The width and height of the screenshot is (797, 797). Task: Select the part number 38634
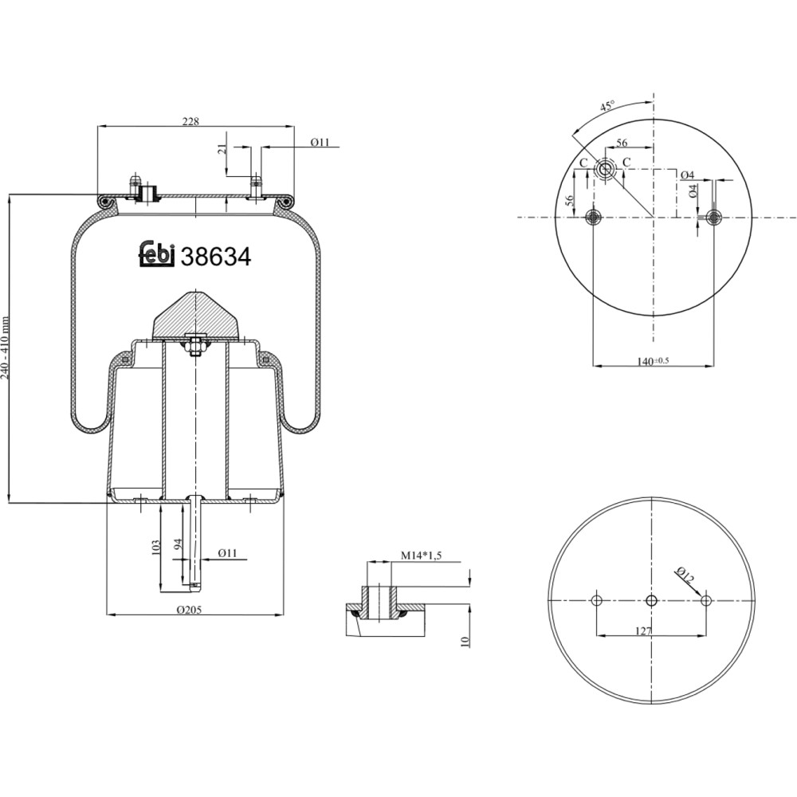click(x=216, y=257)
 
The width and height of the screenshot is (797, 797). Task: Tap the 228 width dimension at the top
click(x=190, y=121)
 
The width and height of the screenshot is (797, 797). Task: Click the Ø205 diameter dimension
click(x=190, y=610)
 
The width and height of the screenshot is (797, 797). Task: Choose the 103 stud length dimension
click(x=156, y=547)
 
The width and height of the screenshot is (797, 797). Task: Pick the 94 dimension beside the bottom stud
click(x=178, y=544)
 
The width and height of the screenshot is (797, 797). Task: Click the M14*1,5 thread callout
click(x=422, y=556)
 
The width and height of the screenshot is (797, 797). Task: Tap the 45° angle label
click(x=607, y=106)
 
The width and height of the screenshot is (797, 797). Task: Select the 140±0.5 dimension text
click(x=654, y=361)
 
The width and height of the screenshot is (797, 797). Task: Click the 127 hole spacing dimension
click(x=643, y=630)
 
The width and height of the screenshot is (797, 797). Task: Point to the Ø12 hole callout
click(x=685, y=575)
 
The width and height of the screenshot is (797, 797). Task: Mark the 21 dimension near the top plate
click(x=221, y=148)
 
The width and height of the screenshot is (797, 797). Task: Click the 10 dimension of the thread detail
click(x=465, y=642)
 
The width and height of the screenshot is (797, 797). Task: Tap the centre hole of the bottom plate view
click(x=651, y=601)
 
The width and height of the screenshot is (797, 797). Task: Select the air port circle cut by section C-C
click(x=605, y=169)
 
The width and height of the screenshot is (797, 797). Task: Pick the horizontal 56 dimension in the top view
click(x=622, y=143)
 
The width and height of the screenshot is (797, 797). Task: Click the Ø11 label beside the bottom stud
click(x=228, y=552)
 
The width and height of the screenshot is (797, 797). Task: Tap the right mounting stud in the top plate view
click(x=713, y=218)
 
